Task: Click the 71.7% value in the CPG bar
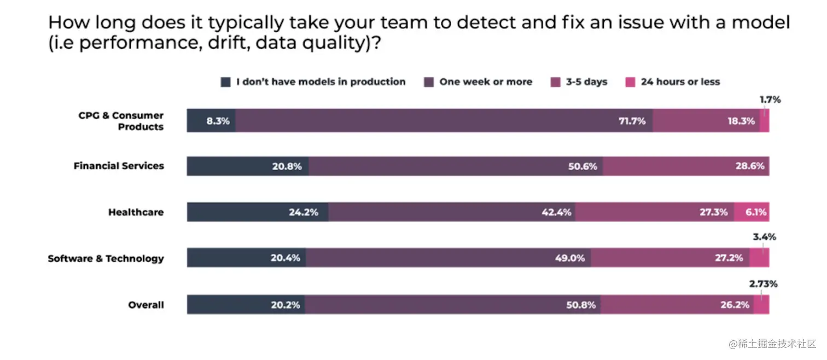[632, 121]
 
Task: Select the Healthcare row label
[136, 212]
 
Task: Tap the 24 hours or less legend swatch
[630, 82]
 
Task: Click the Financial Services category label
[119, 166]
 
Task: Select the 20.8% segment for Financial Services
[248, 166]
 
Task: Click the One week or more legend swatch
[429, 82]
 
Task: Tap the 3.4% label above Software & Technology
[764, 237]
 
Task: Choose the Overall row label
[146, 305]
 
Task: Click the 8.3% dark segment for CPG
[212, 121]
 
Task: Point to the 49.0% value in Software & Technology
[569, 258]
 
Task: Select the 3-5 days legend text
[586, 82]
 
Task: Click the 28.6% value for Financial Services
[749, 166]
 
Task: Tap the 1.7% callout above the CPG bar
[770, 100]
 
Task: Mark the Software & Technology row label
[106, 258]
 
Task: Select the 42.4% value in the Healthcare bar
[556, 212]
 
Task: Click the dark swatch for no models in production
[225, 82]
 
